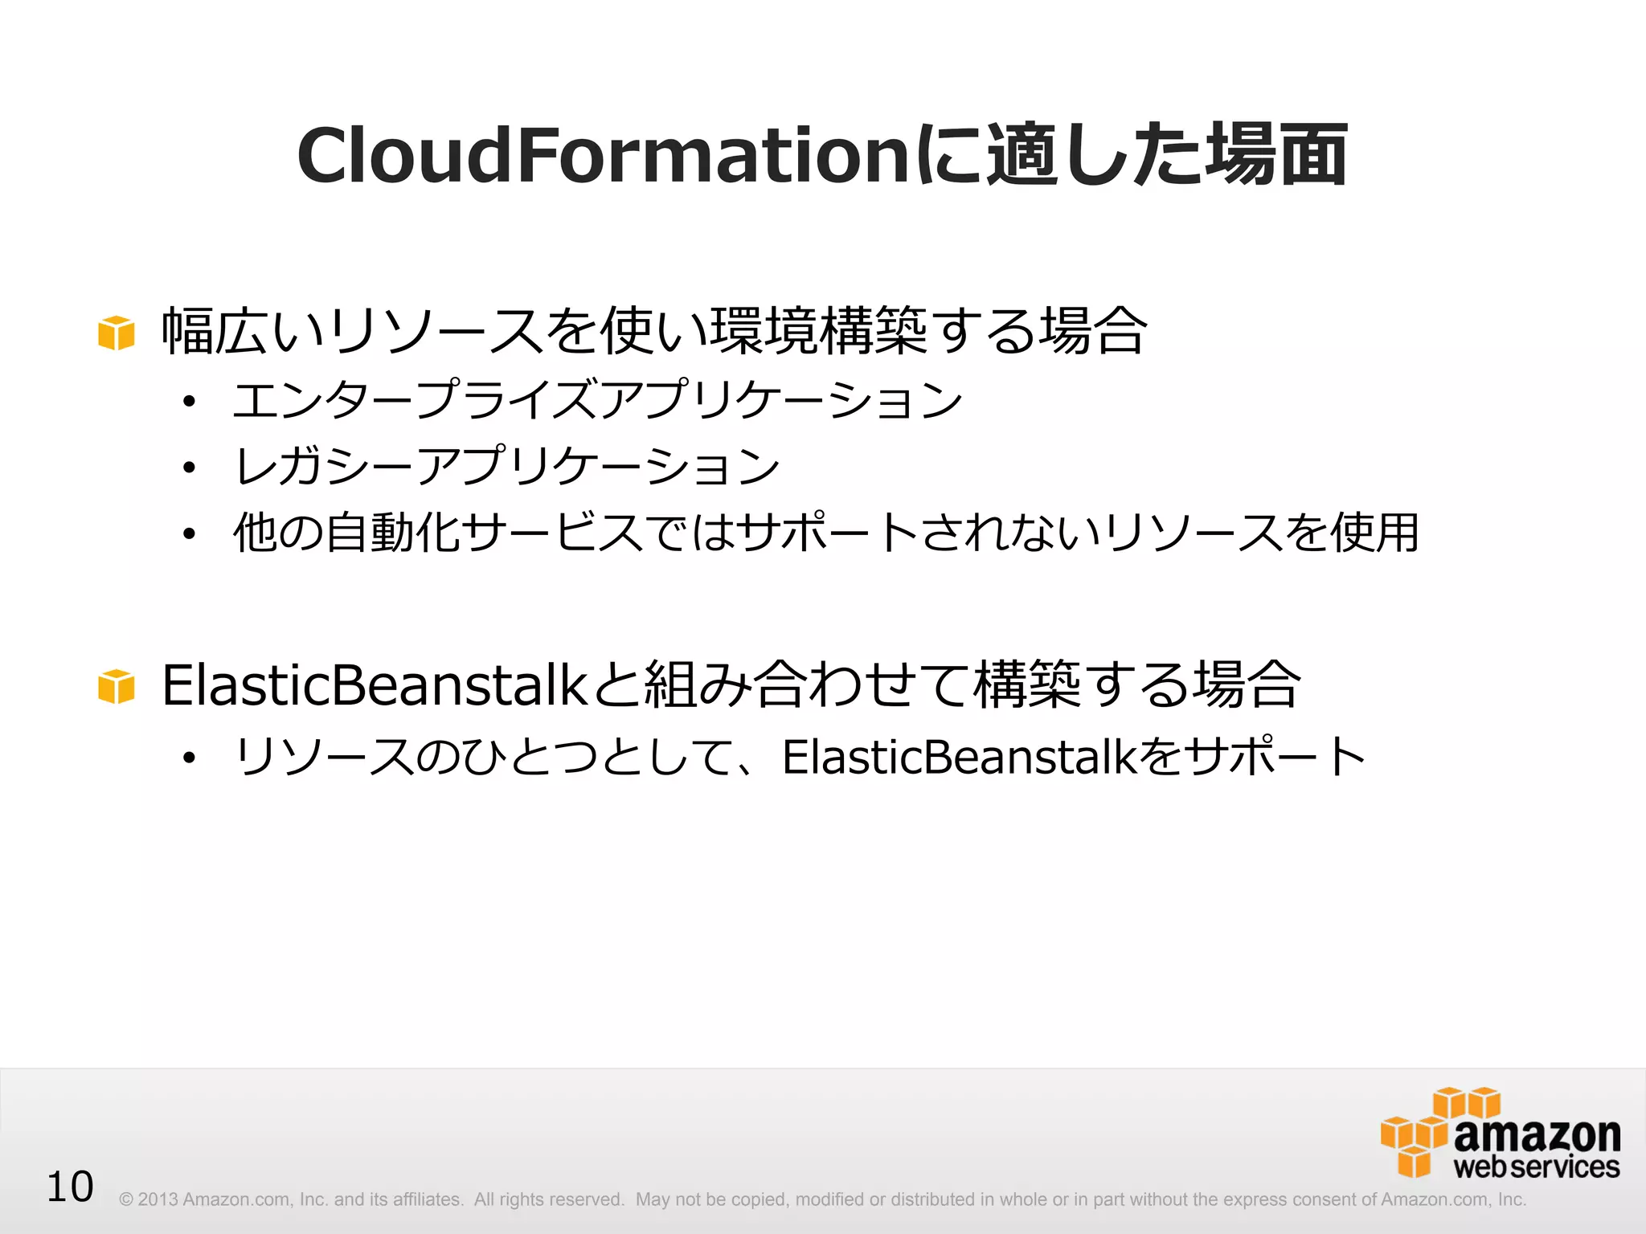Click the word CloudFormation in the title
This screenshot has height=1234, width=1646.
[x=603, y=156]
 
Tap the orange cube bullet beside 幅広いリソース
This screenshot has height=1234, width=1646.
[x=116, y=333]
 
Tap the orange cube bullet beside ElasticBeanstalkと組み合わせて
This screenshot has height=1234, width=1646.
[x=116, y=687]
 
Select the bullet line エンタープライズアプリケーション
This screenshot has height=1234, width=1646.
[x=597, y=399]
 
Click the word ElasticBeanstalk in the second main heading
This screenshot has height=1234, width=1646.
[x=375, y=686]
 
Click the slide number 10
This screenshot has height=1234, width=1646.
[x=70, y=1187]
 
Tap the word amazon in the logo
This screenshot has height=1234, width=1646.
[x=1537, y=1135]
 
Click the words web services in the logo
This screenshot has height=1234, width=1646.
[x=1536, y=1167]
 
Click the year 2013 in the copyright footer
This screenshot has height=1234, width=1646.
[x=158, y=1199]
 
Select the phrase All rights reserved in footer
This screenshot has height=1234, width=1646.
[x=548, y=1199]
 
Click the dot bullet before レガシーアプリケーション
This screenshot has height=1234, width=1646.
[x=189, y=468]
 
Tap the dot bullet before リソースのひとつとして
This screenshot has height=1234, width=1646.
[x=189, y=758]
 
